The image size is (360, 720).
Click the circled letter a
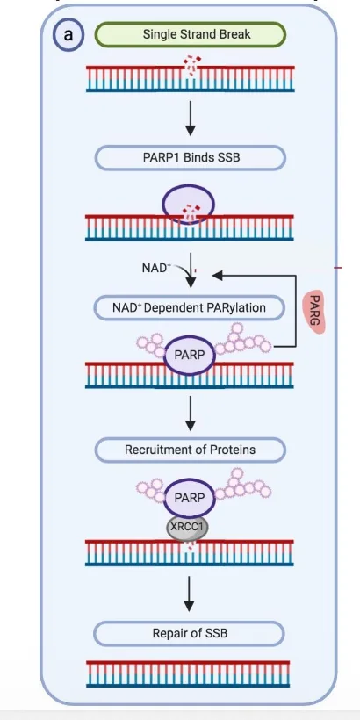tap(68, 35)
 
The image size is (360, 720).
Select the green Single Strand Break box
tap(191, 34)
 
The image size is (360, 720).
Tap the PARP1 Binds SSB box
tap(191, 158)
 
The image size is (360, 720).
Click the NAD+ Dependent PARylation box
tap(189, 307)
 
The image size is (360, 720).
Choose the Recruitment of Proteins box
tap(191, 450)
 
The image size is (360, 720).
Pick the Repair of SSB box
tap(189, 634)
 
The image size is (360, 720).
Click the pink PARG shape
tap(314, 312)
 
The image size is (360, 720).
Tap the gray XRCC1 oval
tap(187, 527)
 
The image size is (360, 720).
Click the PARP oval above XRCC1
tap(189, 498)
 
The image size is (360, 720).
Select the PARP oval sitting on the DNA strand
tap(189, 356)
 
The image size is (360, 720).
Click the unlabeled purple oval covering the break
tap(188, 204)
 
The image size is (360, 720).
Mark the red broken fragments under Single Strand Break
tap(192, 66)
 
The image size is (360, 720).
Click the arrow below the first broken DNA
tap(191, 118)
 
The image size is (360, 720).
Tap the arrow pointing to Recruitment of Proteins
tap(191, 414)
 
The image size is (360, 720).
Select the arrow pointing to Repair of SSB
tap(189, 594)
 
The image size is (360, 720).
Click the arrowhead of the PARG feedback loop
tap(217, 276)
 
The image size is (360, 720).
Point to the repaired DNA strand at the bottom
tap(188, 674)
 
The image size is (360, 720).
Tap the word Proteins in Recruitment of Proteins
tap(233, 450)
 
